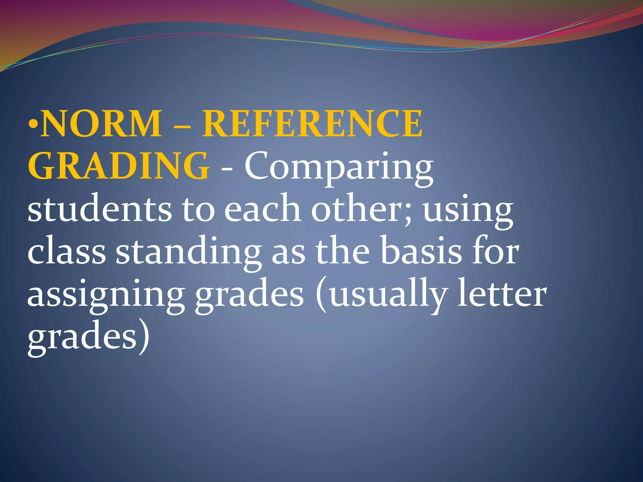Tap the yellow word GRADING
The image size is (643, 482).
coord(118,166)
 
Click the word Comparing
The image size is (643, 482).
coord(339,168)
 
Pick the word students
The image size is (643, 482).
coord(100,209)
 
